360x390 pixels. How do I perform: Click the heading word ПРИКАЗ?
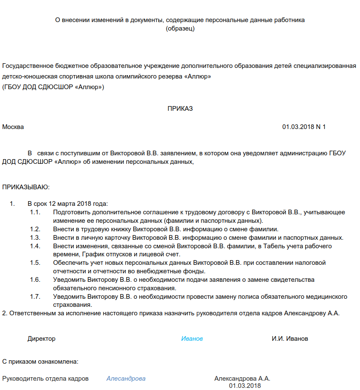pyautogui.click(x=180, y=109)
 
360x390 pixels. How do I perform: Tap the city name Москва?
pyautogui.click(x=13, y=127)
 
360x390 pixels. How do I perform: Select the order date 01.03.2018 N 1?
pyautogui.click(x=304, y=127)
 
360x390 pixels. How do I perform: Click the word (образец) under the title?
pyautogui.click(x=180, y=28)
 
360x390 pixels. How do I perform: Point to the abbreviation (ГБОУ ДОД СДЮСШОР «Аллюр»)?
pyautogui.click(x=53, y=87)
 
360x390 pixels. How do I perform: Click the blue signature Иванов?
pyautogui.click(x=192, y=339)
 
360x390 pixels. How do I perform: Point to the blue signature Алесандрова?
pyautogui.click(x=126, y=379)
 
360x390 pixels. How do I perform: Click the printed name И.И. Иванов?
pyautogui.click(x=290, y=339)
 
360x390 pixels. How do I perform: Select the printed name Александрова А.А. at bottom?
pyautogui.click(x=242, y=379)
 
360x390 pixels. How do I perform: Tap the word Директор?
pyautogui.click(x=42, y=339)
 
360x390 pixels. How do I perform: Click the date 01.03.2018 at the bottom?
pyautogui.click(x=245, y=386)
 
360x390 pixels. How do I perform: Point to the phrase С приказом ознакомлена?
pyautogui.click(x=40, y=362)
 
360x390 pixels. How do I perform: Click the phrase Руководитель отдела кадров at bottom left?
pyautogui.click(x=45, y=379)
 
